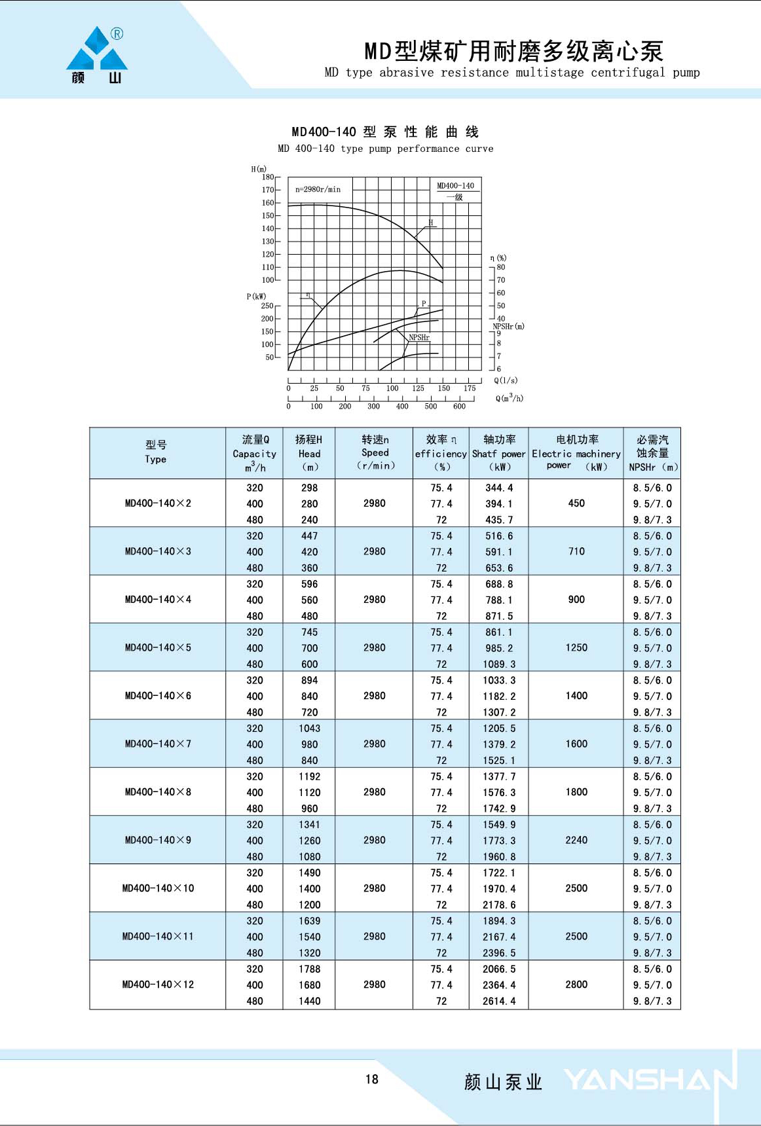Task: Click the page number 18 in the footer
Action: [372, 1080]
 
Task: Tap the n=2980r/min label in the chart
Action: [318, 189]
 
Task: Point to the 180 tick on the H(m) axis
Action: [268, 177]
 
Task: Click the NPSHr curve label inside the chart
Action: [419, 338]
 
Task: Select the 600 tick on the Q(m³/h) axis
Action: [459, 407]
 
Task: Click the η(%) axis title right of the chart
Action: [498, 258]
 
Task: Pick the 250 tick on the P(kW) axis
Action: [267, 306]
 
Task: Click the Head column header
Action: [309, 453]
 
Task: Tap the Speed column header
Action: [375, 452]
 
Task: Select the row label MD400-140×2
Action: [158, 503]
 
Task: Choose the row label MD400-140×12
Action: [158, 985]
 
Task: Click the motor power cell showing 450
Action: [576, 503]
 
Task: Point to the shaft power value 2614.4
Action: [499, 1001]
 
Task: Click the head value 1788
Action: [309, 969]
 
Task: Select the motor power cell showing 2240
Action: [576, 840]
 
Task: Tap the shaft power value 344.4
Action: [499, 488]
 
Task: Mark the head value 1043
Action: [309, 729]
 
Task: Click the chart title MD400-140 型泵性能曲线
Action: [385, 132]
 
